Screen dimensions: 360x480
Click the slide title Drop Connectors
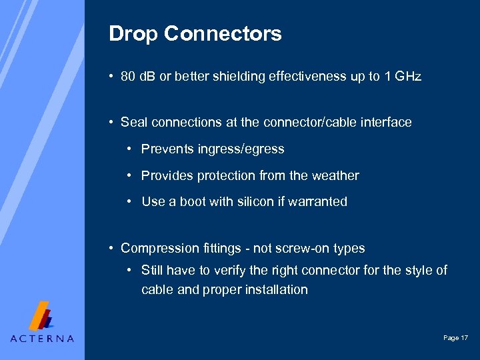tap(195, 34)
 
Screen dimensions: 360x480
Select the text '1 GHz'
tap(403, 77)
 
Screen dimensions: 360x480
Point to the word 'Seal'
tap(135, 123)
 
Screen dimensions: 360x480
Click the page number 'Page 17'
tap(455, 339)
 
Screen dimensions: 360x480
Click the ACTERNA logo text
tap(42, 338)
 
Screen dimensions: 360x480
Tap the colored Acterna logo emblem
tap(43, 315)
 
